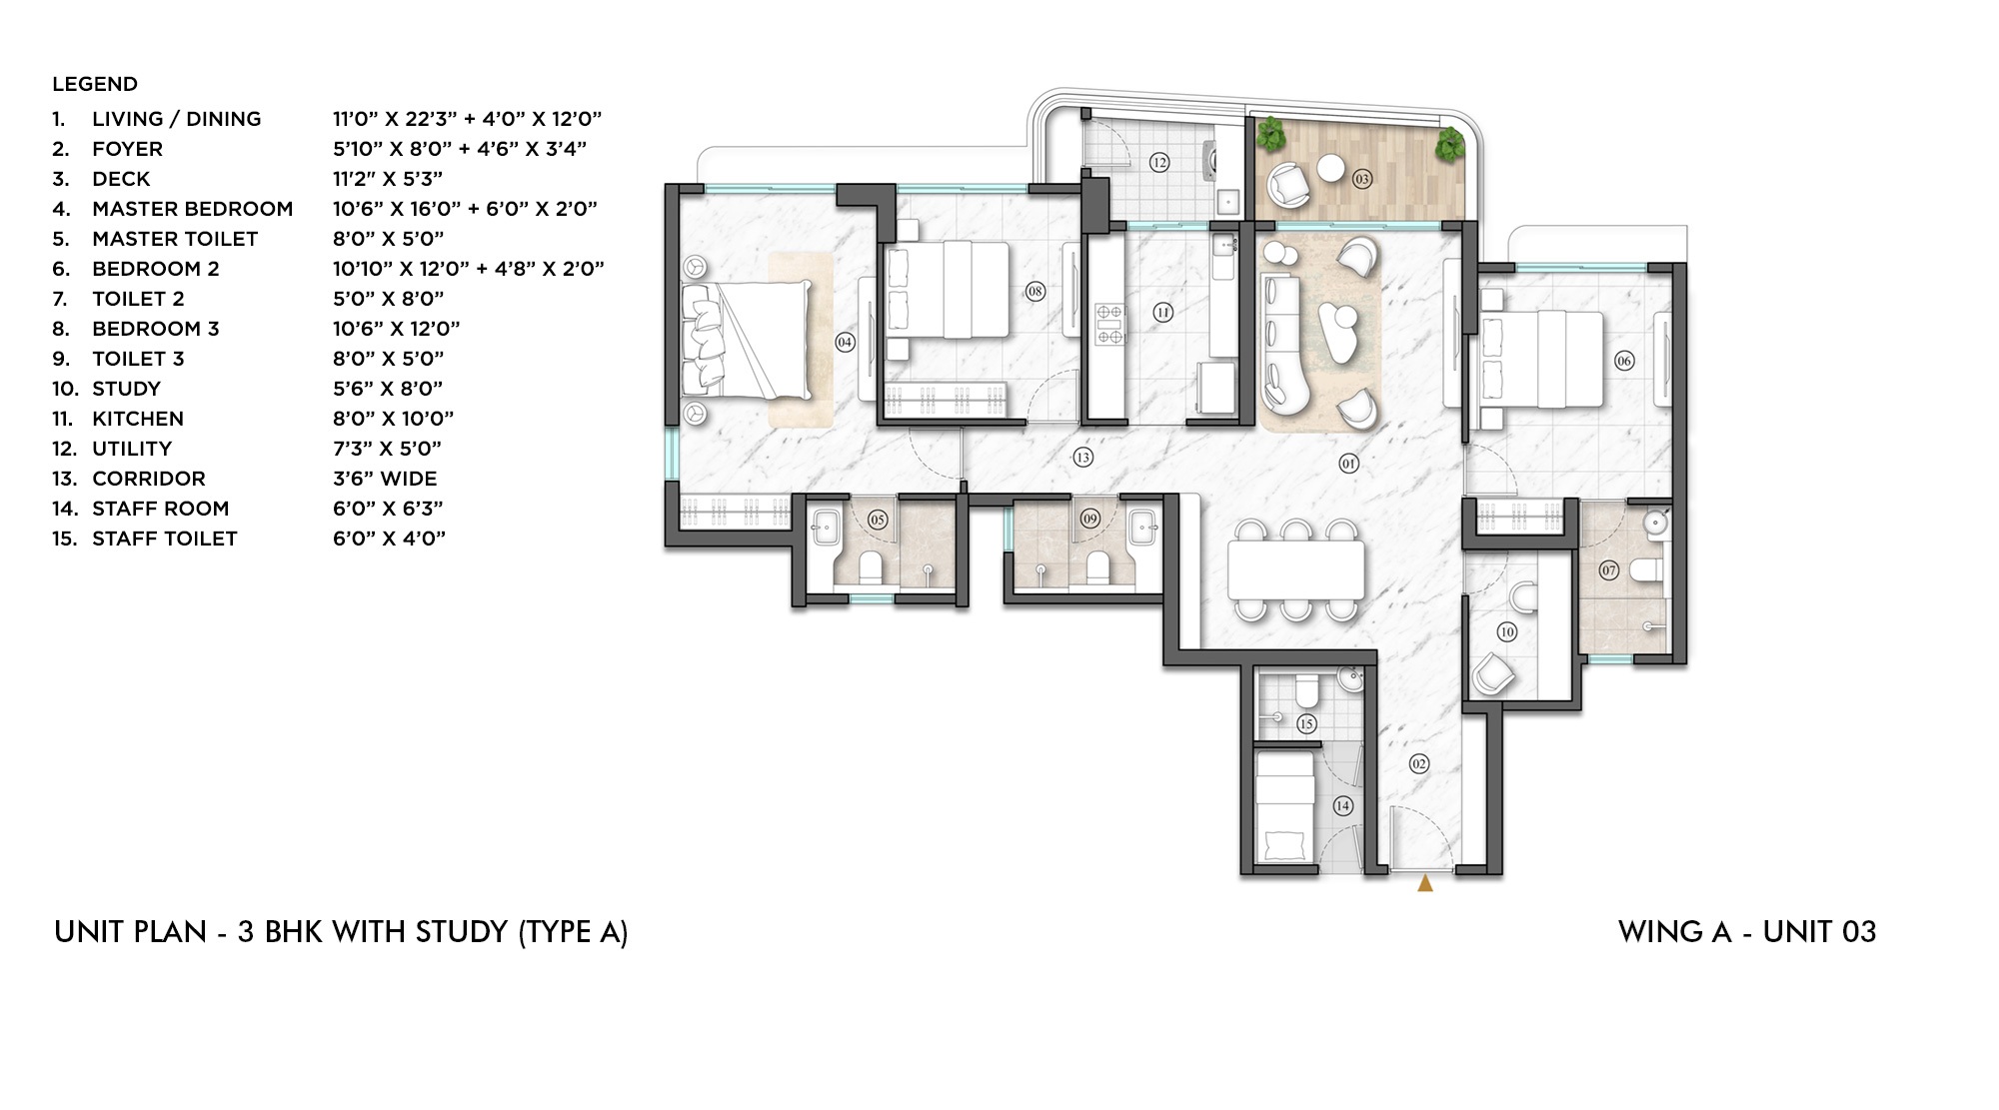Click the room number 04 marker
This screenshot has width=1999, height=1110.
(845, 342)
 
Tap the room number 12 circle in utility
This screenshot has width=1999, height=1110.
(1158, 162)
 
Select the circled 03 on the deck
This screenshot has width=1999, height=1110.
(1361, 179)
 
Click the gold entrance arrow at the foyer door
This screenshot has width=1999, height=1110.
(1425, 883)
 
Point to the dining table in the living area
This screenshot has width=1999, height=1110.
(1295, 569)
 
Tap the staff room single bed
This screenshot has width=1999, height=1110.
(1285, 807)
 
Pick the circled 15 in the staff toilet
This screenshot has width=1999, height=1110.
(1305, 723)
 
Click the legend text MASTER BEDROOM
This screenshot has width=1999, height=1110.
(192, 209)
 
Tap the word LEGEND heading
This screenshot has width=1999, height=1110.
(95, 84)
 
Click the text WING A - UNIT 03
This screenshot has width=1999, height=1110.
(1746, 932)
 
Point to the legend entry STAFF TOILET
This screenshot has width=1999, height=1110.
(164, 539)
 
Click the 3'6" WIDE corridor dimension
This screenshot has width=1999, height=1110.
(385, 479)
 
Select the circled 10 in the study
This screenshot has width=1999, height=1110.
(1507, 631)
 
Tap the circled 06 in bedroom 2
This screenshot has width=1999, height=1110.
(1624, 361)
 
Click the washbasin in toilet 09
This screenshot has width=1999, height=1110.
(1141, 526)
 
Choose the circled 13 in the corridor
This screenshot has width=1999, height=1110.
(1082, 458)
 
